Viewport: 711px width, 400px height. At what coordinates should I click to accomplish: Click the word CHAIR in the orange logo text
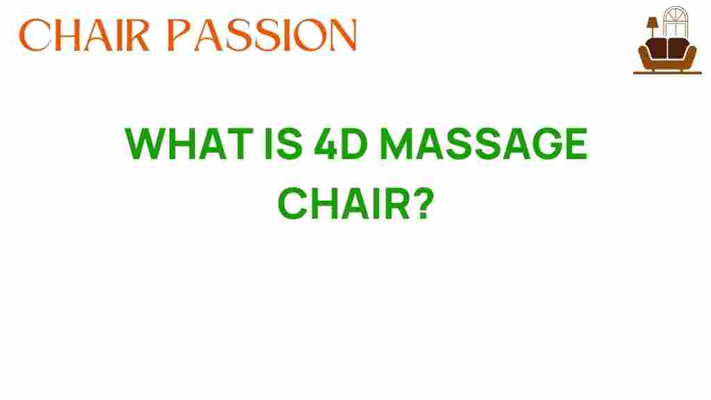pyautogui.click(x=84, y=35)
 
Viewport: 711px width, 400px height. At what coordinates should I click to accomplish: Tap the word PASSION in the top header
pyautogui.click(x=262, y=35)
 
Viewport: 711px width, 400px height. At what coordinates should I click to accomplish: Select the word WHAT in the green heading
pyautogui.click(x=189, y=144)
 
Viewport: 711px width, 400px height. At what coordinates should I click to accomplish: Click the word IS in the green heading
pyautogui.click(x=283, y=144)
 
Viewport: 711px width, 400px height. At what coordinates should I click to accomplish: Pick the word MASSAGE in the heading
pyautogui.click(x=483, y=144)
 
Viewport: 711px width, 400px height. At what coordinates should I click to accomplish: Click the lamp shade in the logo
pyautogui.click(x=653, y=23)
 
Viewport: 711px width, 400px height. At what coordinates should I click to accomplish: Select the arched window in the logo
pyautogui.click(x=676, y=22)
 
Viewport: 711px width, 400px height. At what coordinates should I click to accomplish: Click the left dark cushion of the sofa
pyautogui.click(x=657, y=48)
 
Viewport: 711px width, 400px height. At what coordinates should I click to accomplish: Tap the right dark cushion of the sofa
pyautogui.click(x=678, y=48)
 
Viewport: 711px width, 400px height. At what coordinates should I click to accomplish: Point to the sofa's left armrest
pyautogui.click(x=644, y=56)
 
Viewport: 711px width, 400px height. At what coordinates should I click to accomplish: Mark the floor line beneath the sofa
pyautogui.click(x=667, y=72)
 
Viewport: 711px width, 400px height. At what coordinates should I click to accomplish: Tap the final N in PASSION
pyautogui.click(x=342, y=35)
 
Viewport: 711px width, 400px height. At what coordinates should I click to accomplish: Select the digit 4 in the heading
pyautogui.click(x=325, y=144)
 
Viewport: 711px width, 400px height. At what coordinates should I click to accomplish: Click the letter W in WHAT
pyautogui.click(x=146, y=144)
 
